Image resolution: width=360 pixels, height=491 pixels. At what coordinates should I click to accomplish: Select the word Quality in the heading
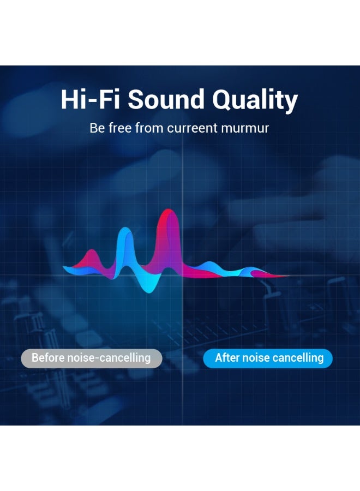pos(255,100)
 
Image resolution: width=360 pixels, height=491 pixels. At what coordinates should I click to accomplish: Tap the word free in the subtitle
pos(120,128)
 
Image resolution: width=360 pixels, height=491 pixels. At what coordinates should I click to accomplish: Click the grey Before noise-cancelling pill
pos(92,358)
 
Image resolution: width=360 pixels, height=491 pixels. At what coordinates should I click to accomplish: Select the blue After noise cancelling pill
pos(268,358)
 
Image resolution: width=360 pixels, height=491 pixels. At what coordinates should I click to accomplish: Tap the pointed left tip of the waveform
pos(64,267)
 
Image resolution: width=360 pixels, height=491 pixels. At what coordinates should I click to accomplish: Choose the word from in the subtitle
pos(149,128)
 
